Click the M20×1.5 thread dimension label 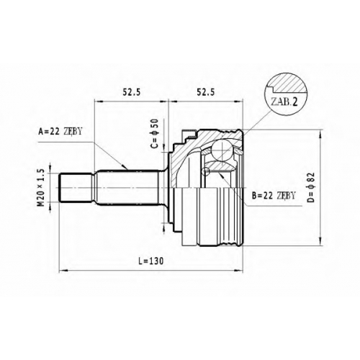41,188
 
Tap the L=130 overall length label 151,261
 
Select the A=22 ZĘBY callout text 60,132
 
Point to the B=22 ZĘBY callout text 274,196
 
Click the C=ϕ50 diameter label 156,133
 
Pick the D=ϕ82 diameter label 310,187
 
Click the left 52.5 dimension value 132,92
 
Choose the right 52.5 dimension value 205,92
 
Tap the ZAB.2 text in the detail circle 284,102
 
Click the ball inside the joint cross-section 222,150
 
